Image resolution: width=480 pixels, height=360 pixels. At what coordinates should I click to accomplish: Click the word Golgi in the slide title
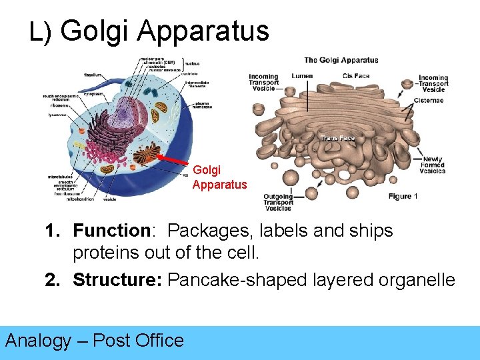click(99, 31)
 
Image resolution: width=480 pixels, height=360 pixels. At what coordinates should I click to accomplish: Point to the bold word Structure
click(117, 280)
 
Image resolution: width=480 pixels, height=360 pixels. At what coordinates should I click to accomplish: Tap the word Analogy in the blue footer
click(38, 341)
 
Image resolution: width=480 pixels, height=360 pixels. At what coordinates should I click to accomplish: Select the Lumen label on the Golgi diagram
click(301, 76)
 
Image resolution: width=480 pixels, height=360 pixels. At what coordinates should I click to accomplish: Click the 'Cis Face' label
click(356, 76)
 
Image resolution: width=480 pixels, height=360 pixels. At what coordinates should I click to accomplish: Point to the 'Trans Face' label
click(337, 138)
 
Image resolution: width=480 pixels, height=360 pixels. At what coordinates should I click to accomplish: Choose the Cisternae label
click(429, 101)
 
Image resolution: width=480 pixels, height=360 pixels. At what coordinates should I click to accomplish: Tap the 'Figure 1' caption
click(403, 197)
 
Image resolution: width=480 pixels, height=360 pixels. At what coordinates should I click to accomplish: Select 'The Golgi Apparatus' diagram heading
click(341, 60)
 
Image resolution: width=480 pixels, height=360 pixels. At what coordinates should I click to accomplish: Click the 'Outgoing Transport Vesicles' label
click(278, 202)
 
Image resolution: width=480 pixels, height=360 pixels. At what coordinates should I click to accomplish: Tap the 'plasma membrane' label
click(203, 106)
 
